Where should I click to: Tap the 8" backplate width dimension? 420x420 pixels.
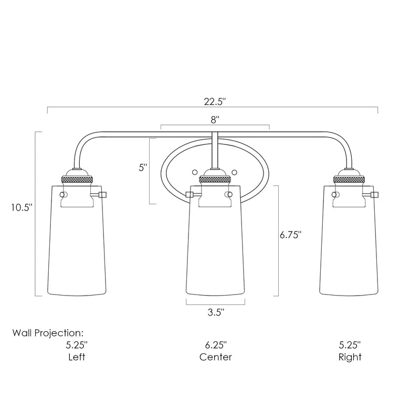click(x=215, y=119)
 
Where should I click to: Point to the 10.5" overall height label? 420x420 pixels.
click(x=22, y=207)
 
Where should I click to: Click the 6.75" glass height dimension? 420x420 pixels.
click(x=291, y=236)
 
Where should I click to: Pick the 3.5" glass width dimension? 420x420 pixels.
click(x=215, y=312)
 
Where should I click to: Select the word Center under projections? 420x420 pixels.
click(x=215, y=357)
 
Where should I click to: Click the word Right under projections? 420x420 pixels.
click(x=350, y=357)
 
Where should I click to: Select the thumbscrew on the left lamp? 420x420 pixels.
click(x=102, y=195)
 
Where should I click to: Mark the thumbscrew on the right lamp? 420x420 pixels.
click(x=374, y=195)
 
